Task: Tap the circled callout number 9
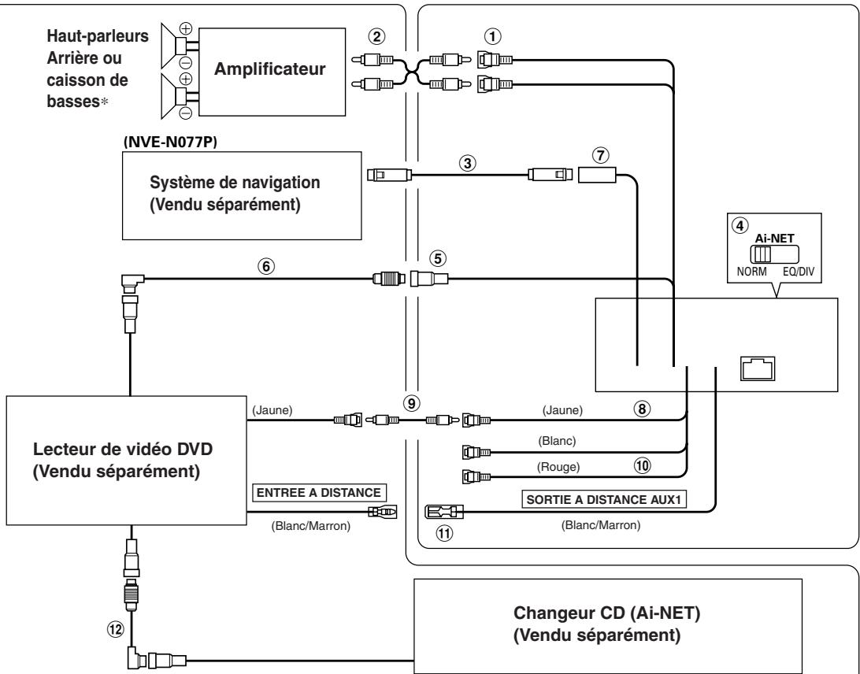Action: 410,402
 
